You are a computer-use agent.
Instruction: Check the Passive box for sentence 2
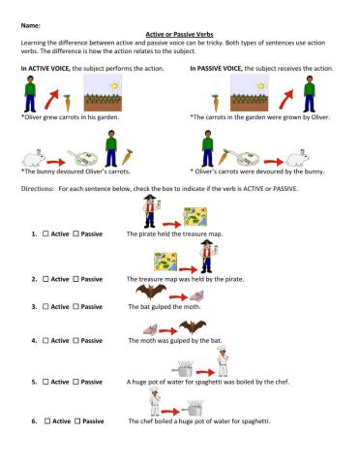pyautogui.click(x=77, y=279)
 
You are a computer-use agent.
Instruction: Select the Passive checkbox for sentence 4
pyautogui.click(x=77, y=341)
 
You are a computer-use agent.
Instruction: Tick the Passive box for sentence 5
pyautogui.click(x=77, y=382)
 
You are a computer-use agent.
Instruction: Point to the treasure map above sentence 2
pyautogui.click(x=189, y=258)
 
